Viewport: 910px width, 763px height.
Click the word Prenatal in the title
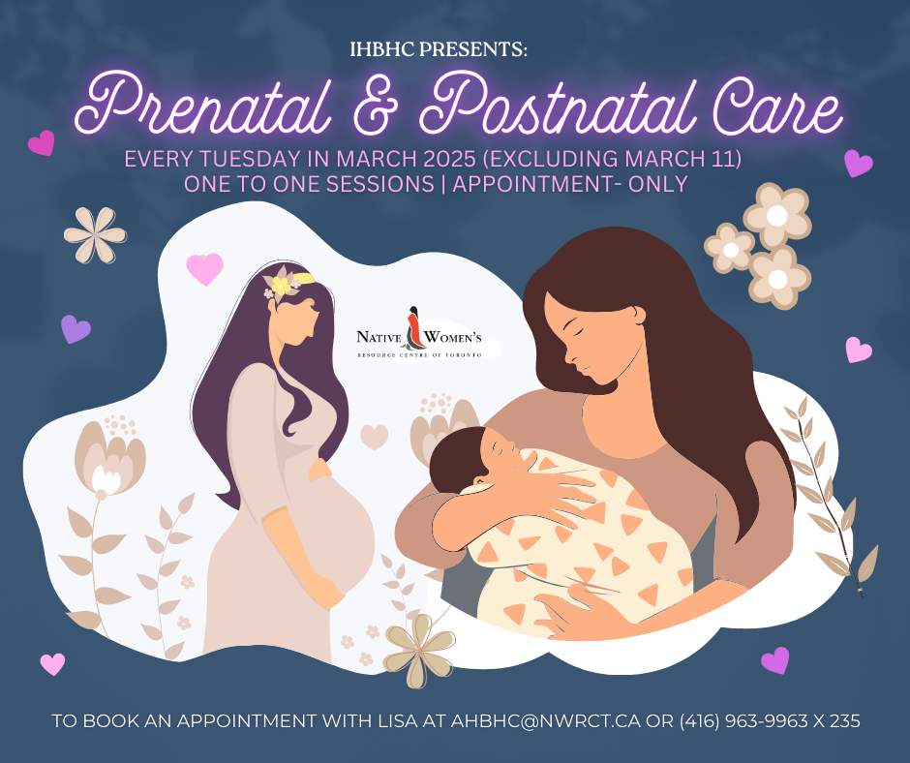coord(203,105)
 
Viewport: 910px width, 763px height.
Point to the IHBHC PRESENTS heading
coord(439,50)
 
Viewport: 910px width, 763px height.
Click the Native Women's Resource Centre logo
coord(419,336)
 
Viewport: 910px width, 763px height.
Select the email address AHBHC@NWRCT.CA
coord(546,720)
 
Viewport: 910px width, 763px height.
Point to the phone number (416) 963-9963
coord(743,720)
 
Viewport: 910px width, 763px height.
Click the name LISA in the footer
coord(398,720)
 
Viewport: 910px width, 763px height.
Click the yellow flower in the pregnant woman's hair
coord(281,286)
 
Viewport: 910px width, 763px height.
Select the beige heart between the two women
coord(375,437)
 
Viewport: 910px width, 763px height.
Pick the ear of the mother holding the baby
coord(637,316)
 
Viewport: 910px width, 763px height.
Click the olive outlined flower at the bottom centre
coord(419,651)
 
